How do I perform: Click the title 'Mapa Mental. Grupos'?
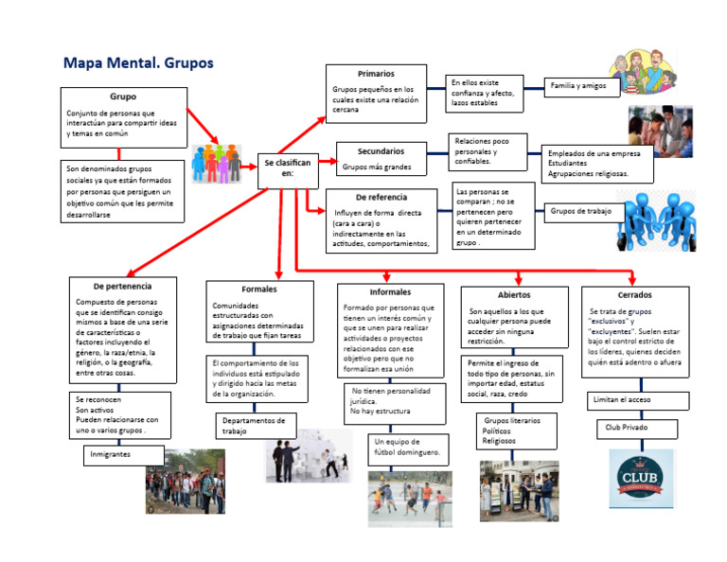coord(138,64)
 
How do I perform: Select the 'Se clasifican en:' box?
coord(287,167)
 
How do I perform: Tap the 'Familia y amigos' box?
coord(582,87)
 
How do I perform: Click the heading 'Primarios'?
coord(376,74)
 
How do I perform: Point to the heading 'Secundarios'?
coord(381,150)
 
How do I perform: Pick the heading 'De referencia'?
coord(381,196)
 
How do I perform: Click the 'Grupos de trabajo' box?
coord(581,212)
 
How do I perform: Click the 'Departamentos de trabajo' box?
coord(256,426)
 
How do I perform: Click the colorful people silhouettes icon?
coord(217,164)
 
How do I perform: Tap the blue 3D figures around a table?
coord(655,219)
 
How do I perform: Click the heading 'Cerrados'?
coord(634,295)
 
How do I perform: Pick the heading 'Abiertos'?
coord(514,295)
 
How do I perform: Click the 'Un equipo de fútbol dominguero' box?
coord(410,448)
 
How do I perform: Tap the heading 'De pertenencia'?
coord(121,285)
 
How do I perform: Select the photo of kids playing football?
coord(410,499)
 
